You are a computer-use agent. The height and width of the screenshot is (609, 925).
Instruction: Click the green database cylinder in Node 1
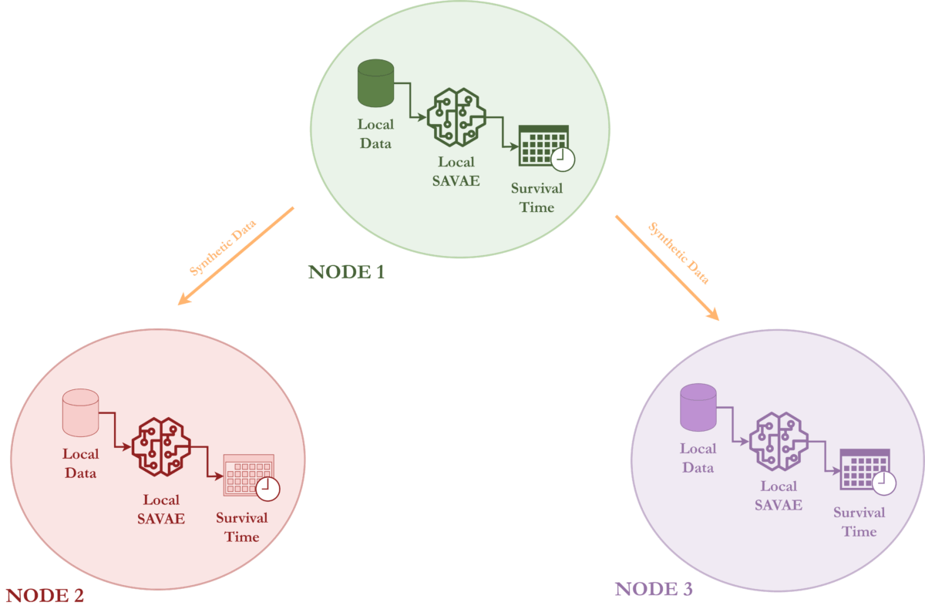click(x=376, y=86)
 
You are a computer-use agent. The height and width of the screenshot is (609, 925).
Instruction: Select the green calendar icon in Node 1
click(x=543, y=146)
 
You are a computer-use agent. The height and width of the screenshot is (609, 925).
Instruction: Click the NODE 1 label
click(x=346, y=272)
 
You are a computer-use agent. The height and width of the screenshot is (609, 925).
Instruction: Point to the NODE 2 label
click(x=44, y=595)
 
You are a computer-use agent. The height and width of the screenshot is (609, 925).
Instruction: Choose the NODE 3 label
click(x=654, y=590)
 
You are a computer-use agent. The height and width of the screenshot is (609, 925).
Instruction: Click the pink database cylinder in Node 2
click(x=80, y=412)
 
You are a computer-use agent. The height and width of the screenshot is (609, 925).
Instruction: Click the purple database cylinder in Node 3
click(x=698, y=407)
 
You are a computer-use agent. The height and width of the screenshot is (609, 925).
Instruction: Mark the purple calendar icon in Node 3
click(x=865, y=469)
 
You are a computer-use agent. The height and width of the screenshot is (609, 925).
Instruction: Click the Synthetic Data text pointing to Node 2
click(x=224, y=248)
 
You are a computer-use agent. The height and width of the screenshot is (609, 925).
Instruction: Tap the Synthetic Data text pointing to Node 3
click(x=678, y=253)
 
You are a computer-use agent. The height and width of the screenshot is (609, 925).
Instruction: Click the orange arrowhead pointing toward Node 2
click(x=183, y=299)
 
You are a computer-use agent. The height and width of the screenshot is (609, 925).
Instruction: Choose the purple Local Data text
click(x=698, y=458)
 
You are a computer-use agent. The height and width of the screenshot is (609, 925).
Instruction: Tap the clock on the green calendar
click(x=563, y=158)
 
